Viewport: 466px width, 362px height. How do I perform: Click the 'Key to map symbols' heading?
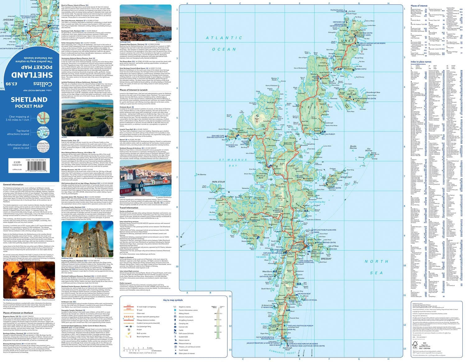(x=173, y=300)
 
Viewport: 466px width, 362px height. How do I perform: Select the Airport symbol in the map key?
(x=128, y=330)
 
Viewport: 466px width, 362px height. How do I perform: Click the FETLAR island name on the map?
(x=351, y=94)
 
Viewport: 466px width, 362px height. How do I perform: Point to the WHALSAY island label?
(x=346, y=177)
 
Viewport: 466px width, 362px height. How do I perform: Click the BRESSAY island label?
(x=326, y=258)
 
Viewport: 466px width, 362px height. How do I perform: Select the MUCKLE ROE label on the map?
(x=261, y=177)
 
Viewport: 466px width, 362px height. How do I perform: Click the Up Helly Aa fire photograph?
(x=29, y=280)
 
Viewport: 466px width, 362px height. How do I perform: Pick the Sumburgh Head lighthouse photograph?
(x=145, y=22)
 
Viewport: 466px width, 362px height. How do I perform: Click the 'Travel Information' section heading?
(x=131, y=208)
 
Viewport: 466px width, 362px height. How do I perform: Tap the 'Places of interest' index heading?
(x=419, y=6)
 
